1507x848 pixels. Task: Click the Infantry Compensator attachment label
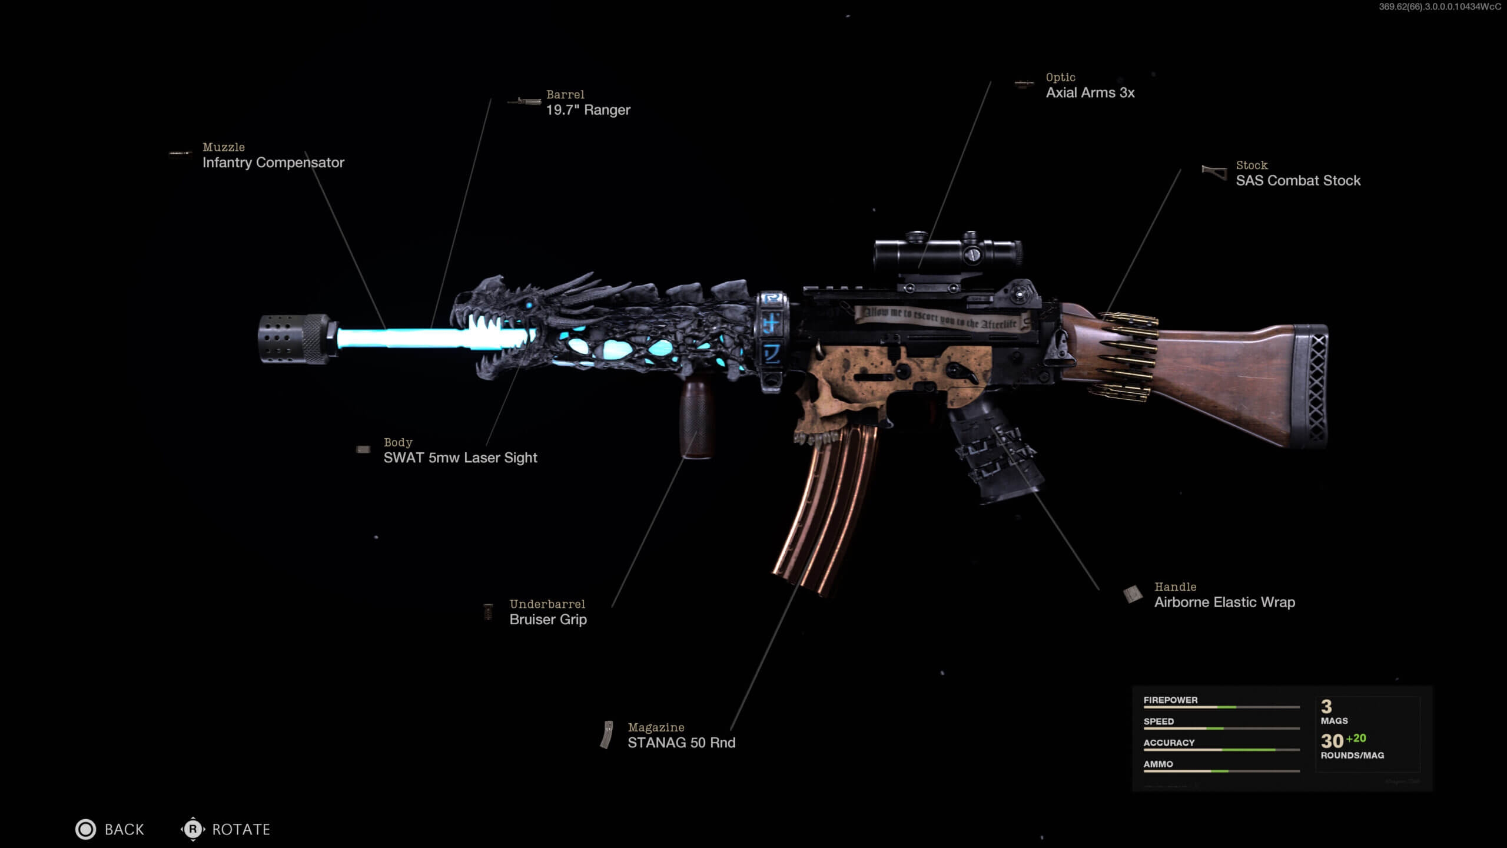click(x=273, y=163)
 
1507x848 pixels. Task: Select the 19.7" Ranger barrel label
click(x=588, y=110)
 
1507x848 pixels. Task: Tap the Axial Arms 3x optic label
click(x=1090, y=92)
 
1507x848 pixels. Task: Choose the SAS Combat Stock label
click(x=1298, y=180)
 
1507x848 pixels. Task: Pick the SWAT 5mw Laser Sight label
click(x=460, y=458)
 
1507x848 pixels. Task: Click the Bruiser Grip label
click(x=548, y=619)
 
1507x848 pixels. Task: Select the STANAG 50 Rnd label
click(x=681, y=743)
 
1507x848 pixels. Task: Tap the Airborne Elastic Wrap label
click(x=1224, y=602)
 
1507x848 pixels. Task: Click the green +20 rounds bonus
click(x=1356, y=738)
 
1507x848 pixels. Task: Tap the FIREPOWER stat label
click(x=1170, y=700)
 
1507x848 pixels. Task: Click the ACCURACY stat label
click(x=1169, y=743)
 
